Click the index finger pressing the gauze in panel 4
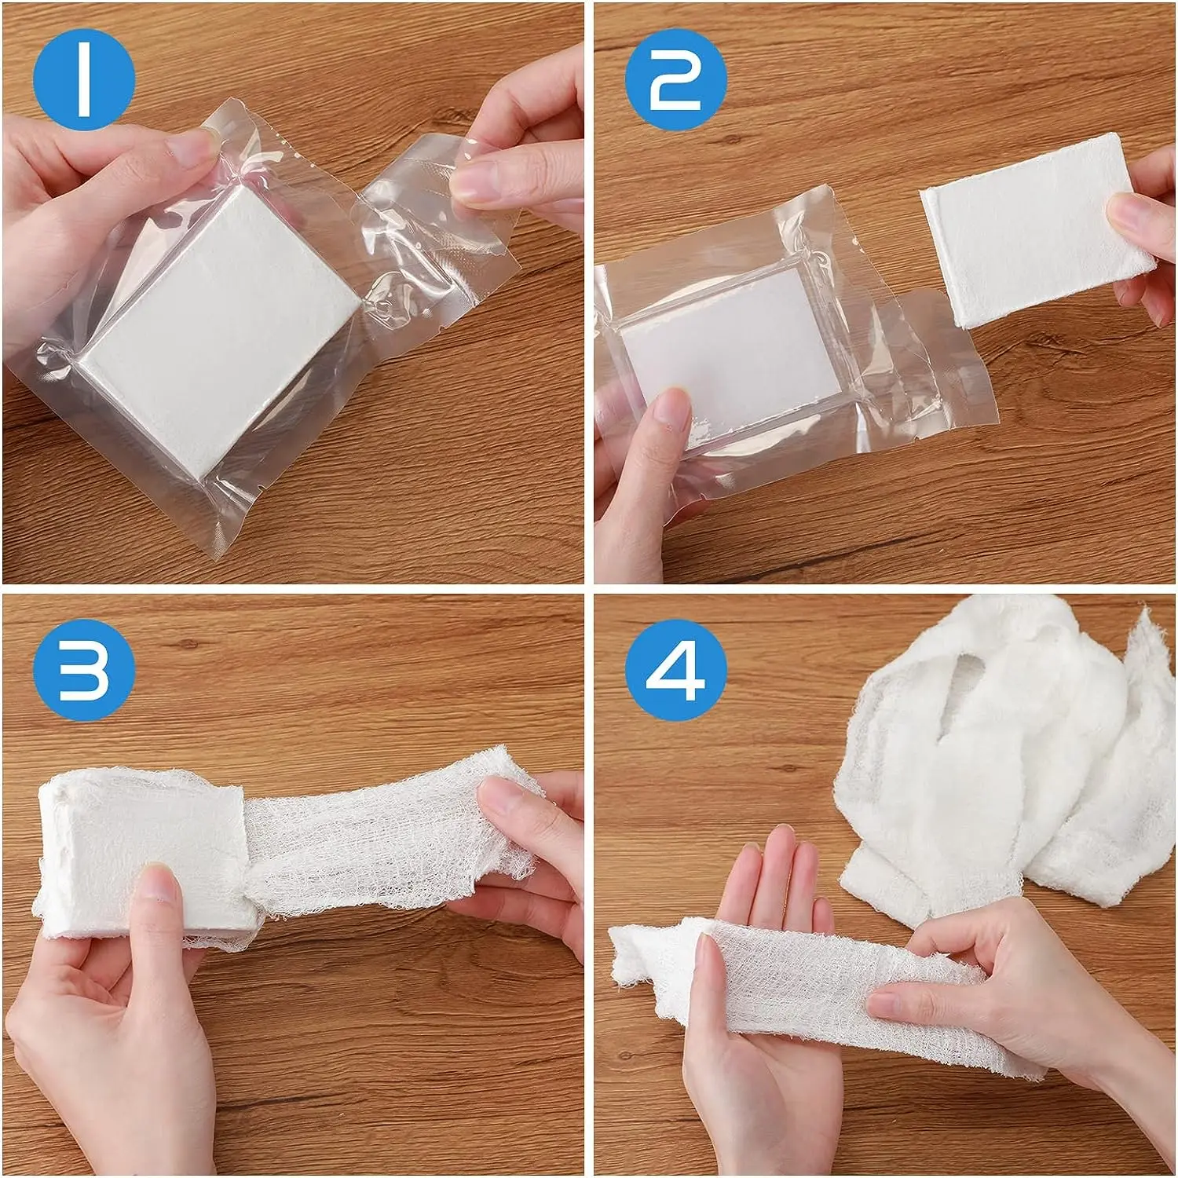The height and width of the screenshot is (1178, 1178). (919, 1001)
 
